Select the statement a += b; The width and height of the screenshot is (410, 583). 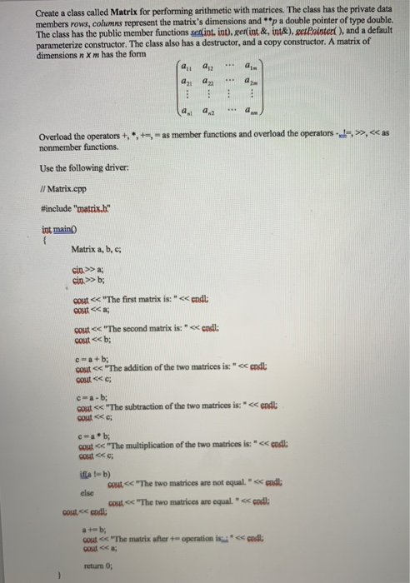pos(87,529)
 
